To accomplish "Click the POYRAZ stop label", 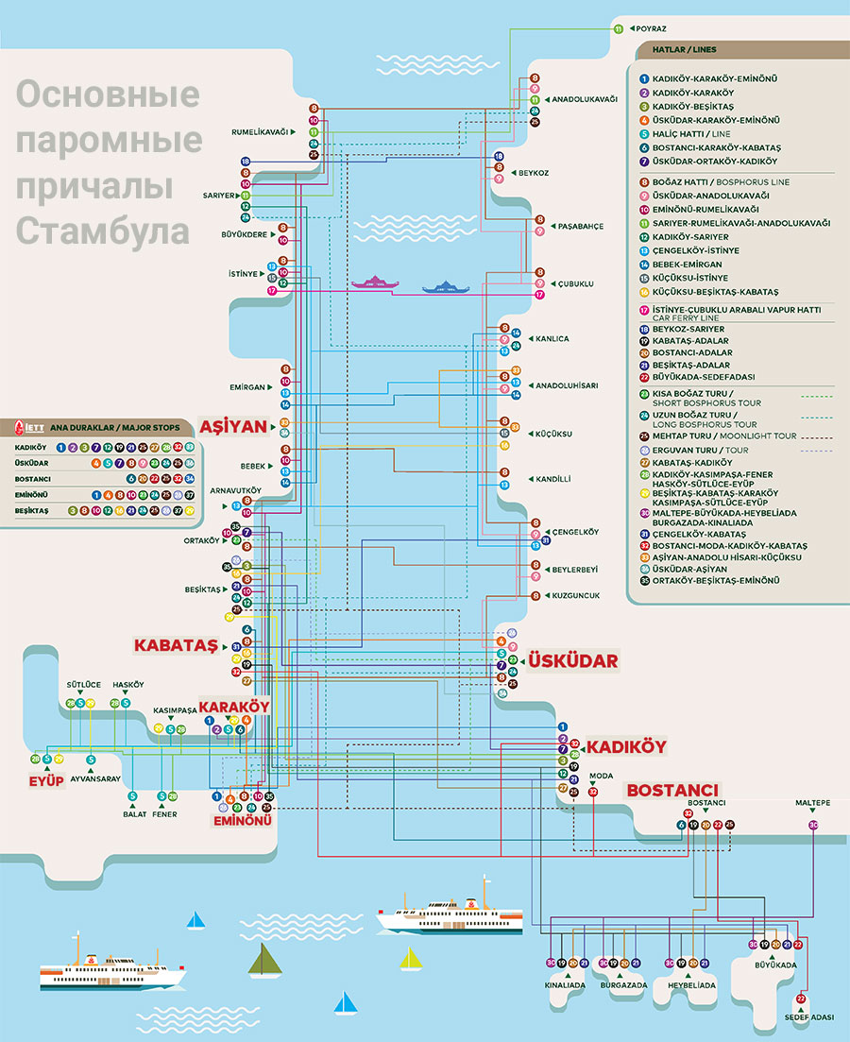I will tap(651, 29).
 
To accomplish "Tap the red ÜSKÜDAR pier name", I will tap(572, 660).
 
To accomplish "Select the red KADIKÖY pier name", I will tap(626, 746).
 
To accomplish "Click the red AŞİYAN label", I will tap(233, 425).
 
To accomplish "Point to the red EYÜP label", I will tap(45, 780).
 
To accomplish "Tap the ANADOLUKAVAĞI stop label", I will tap(585, 99).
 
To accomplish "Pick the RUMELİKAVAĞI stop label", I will tap(260, 132).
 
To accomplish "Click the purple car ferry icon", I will tap(376, 282).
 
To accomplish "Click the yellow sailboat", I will tap(410, 959).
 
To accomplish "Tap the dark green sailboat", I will tap(263, 960).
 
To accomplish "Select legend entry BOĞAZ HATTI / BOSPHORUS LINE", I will tap(719, 181).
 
